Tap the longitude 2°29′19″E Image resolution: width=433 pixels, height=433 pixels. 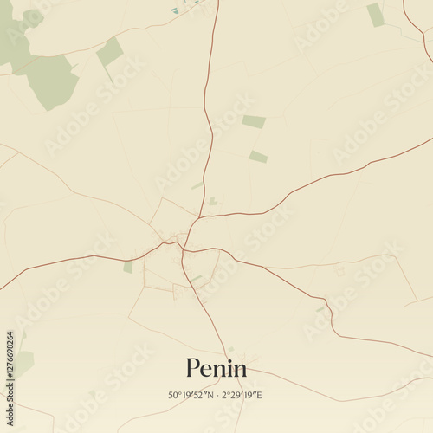242,395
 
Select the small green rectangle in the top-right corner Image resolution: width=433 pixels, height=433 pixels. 375,15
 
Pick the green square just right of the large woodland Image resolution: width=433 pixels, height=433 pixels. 110,52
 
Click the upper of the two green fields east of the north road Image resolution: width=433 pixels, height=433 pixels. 254,122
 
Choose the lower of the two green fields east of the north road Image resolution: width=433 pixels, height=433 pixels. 258,157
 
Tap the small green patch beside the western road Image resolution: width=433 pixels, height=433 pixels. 128,267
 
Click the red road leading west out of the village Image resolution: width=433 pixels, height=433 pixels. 78,258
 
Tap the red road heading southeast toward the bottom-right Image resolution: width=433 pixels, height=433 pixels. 286,281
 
